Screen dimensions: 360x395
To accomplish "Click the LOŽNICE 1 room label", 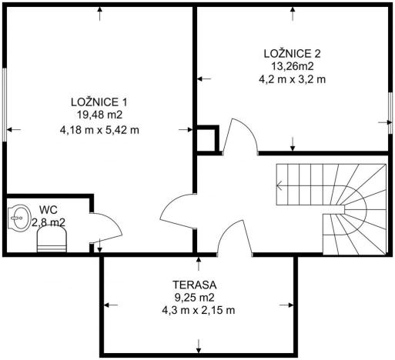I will point(99,102).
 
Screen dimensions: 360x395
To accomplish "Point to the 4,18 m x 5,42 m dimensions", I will point(99,129).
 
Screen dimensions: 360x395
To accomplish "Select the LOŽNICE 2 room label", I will point(293,53).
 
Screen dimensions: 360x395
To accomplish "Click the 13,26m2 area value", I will point(293,65).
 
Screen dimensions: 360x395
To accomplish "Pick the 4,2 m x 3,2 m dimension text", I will point(293,78).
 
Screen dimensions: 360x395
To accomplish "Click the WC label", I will point(49,209).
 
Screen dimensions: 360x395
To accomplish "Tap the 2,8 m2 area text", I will point(49,222).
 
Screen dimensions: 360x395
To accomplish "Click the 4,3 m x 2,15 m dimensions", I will point(198,310).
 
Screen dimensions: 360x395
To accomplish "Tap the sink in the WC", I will point(18,218).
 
